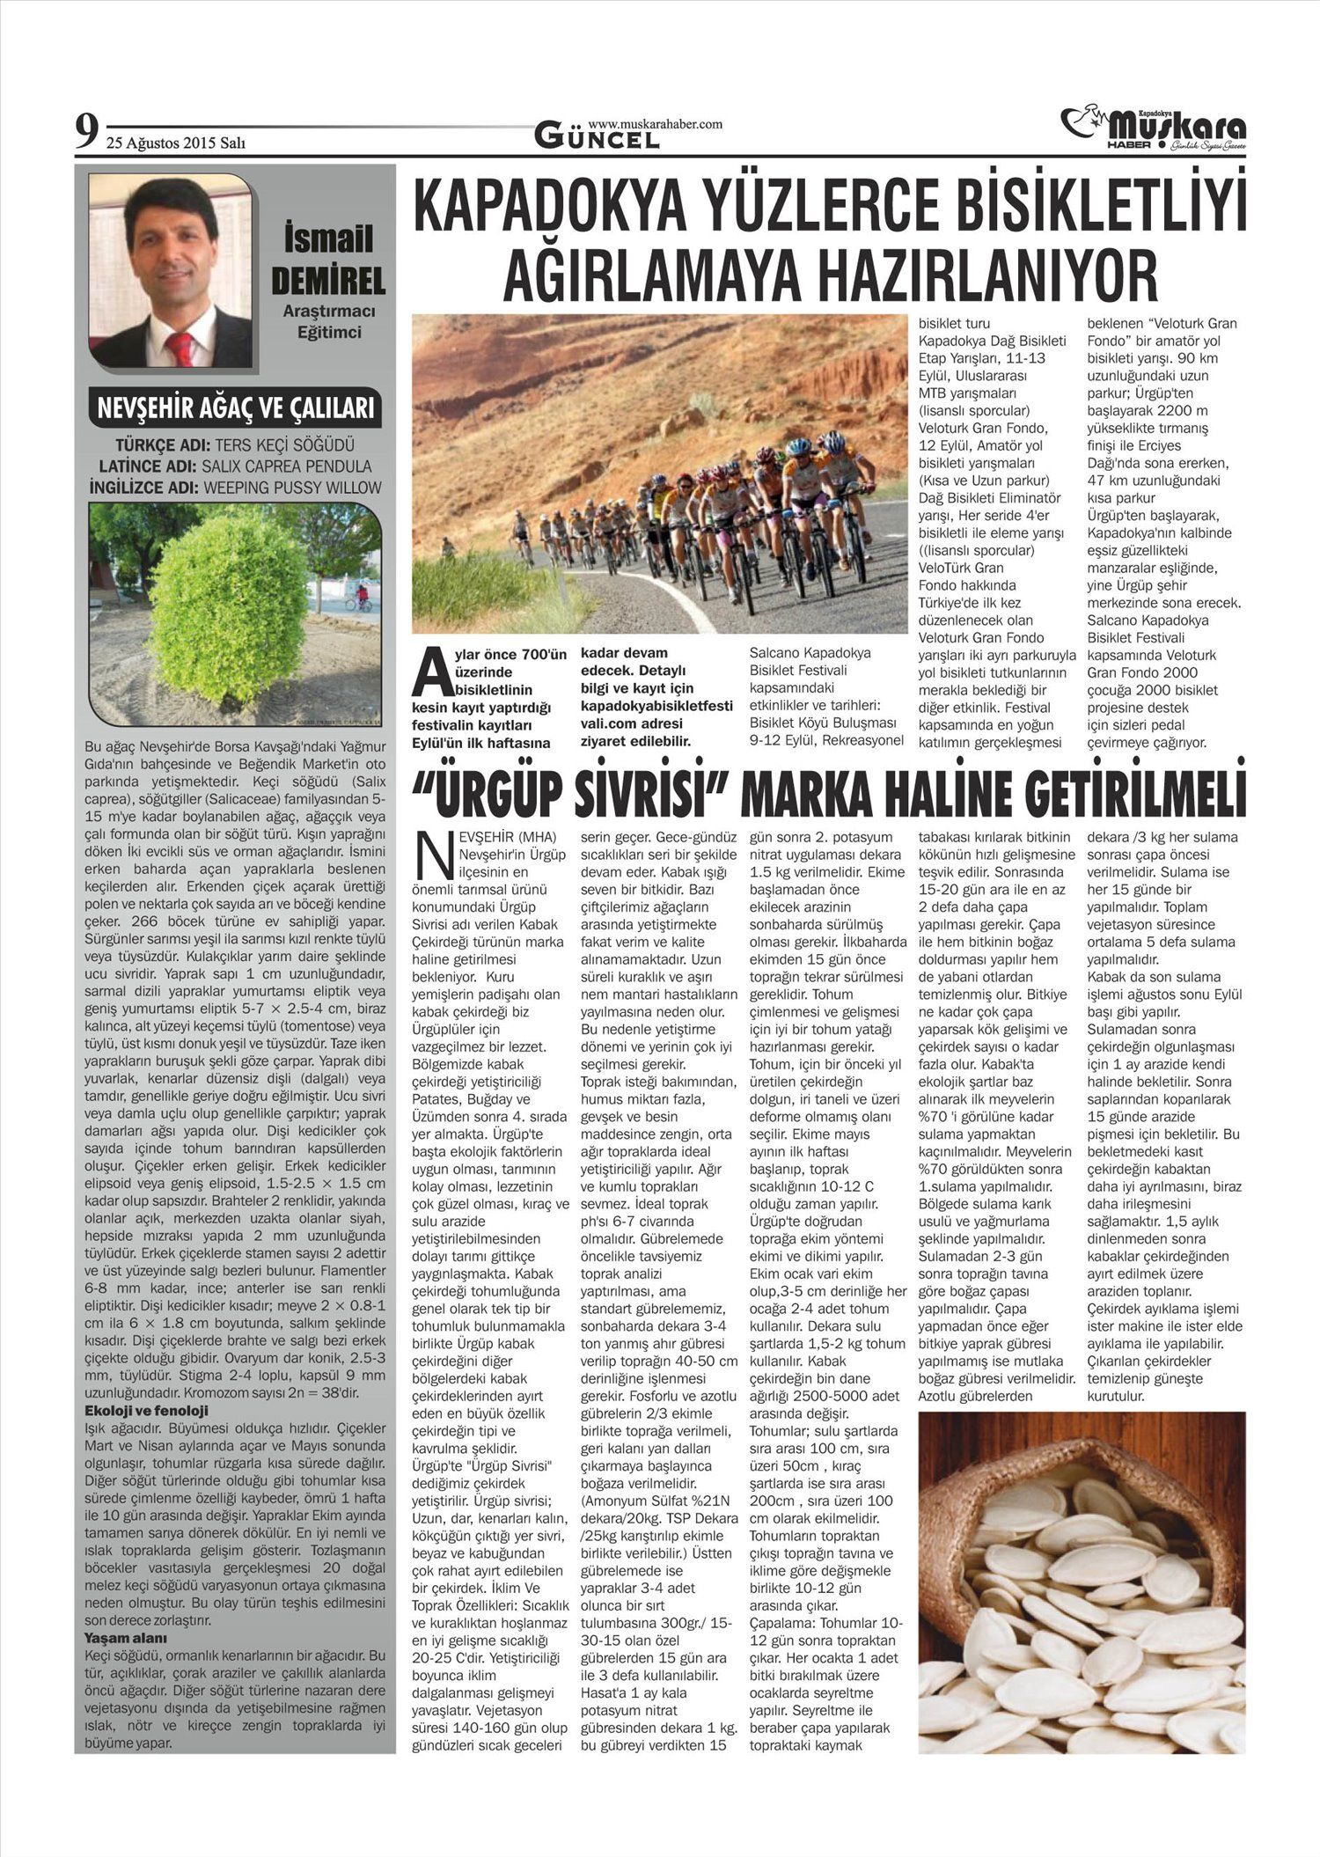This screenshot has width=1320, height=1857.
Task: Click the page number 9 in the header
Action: [85, 132]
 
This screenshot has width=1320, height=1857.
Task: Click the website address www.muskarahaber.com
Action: [655, 124]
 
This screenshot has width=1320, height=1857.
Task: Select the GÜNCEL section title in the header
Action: [598, 137]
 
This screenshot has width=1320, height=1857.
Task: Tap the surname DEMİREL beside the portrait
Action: [328, 281]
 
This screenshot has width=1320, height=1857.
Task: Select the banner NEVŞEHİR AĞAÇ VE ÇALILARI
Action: [236, 408]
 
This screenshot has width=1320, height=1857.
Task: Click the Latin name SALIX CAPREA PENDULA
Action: [286, 466]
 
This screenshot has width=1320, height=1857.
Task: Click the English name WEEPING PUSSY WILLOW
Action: [292, 488]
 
